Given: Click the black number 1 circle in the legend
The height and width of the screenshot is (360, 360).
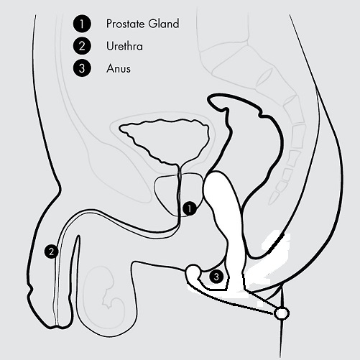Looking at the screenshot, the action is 82,24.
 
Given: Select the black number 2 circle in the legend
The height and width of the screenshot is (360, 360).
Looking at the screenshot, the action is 82,46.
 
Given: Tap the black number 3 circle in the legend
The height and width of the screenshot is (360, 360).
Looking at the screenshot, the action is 82,68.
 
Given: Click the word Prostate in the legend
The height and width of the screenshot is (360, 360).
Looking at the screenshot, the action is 126,24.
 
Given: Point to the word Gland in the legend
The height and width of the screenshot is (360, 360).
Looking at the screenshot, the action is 164,24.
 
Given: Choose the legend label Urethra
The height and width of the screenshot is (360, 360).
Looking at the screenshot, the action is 124,46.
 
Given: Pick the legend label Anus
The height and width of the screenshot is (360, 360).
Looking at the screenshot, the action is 119,68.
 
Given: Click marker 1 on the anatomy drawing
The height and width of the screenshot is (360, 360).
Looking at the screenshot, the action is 190,208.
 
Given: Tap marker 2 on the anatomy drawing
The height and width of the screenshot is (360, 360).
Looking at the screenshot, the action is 51,251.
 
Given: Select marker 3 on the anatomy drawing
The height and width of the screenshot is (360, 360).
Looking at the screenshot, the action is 216,277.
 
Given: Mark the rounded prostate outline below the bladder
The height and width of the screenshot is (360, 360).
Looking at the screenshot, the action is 156,192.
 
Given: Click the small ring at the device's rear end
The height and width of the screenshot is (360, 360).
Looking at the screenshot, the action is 282,313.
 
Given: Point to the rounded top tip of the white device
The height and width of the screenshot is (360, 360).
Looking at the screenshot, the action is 215,174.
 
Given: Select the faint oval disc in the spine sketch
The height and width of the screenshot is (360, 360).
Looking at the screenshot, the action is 264,77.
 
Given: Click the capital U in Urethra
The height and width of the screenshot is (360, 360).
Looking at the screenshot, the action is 110,46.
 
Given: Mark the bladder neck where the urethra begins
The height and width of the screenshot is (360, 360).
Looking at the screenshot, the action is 179,166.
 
